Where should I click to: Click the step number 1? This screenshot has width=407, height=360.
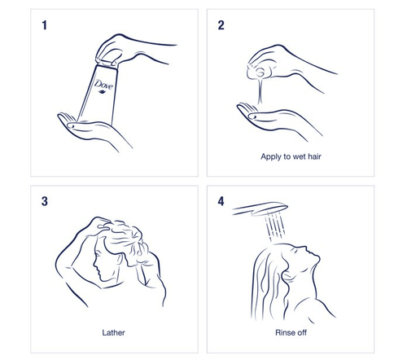click(x=44, y=25)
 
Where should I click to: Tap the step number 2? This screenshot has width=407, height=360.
click(x=221, y=25)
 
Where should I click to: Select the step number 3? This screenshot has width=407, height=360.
click(x=45, y=201)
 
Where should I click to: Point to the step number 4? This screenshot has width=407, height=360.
click(x=221, y=201)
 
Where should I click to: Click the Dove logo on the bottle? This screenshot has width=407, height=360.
click(x=103, y=86)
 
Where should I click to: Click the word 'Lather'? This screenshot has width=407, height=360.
click(x=113, y=332)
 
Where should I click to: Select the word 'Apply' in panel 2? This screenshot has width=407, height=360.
click(x=270, y=157)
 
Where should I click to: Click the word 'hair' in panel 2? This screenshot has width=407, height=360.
click(x=314, y=156)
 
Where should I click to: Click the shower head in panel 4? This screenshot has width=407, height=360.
click(x=260, y=209)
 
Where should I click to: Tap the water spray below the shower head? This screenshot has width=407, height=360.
click(x=274, y=226)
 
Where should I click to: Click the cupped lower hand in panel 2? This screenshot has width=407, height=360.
click(x=277, y=120)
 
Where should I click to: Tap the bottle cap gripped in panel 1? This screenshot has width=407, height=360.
click(x=107, y=63)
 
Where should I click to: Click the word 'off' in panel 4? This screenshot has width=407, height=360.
click(x=302, y=332)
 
